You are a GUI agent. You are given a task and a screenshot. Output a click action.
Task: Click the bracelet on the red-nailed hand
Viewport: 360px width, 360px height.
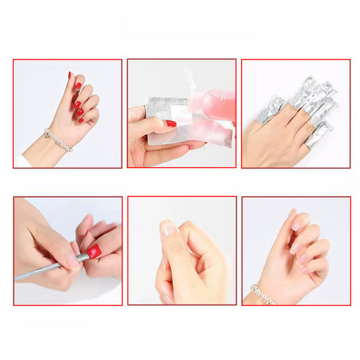pos(58,140)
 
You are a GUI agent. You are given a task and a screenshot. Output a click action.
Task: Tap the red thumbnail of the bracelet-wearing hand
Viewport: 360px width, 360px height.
pos(70,76)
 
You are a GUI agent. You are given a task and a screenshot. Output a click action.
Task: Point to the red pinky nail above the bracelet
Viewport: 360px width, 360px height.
pos(81,120)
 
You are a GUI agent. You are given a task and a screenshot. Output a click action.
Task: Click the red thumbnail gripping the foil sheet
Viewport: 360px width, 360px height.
pos(171,124)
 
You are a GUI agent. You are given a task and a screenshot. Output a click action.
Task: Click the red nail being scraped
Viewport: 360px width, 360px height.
pos(94,251)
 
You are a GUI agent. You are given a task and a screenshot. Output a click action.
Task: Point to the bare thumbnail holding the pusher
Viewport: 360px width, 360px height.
pos(72,260)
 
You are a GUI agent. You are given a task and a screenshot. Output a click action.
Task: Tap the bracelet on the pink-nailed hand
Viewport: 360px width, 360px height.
pos(262,294)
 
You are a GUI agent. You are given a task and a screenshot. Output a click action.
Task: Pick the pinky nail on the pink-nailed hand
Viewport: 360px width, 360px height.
pos(305,270)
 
